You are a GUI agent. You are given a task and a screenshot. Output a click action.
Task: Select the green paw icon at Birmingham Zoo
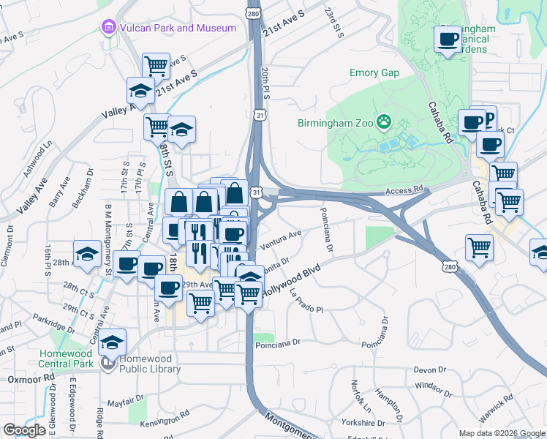383,121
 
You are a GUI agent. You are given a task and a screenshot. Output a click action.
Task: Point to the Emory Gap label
374,73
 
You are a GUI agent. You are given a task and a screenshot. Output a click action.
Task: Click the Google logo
25,430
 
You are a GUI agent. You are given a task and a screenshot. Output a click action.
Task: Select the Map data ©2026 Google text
501,433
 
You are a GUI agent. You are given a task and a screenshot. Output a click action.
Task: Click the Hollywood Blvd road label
292,281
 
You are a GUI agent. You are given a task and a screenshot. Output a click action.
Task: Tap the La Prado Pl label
306,301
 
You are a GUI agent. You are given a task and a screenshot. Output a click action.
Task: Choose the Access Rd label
404,190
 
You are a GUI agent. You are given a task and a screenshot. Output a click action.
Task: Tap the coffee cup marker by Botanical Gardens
448,39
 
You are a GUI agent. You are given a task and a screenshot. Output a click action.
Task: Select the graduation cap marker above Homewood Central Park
113,341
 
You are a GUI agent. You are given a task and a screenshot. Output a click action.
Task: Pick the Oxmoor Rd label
31,380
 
